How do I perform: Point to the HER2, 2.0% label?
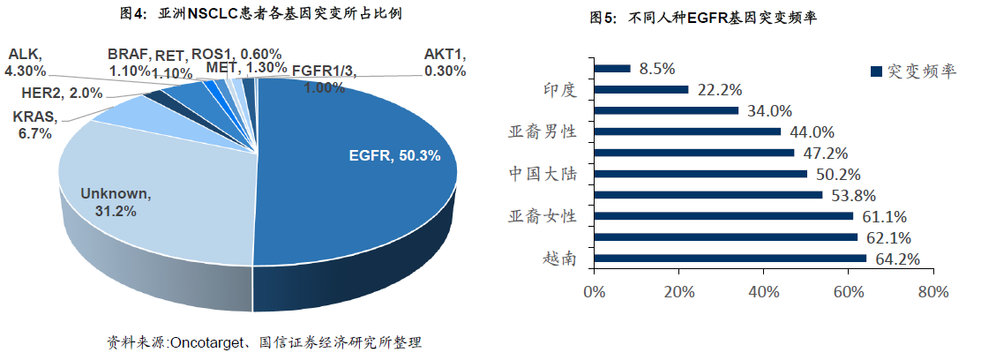pos(62,93)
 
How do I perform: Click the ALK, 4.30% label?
pos(27,62)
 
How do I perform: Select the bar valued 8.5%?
pos(613,68)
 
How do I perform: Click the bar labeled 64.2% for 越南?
pos(730,259)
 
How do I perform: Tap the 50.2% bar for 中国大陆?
pos(701,174)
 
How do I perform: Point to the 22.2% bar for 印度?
pos(641,89)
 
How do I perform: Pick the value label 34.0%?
pos(768,111)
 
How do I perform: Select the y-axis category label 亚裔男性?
pos(543,131)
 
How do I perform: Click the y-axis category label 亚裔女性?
pos(543,216)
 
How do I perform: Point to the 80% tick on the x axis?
pos(932,292)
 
